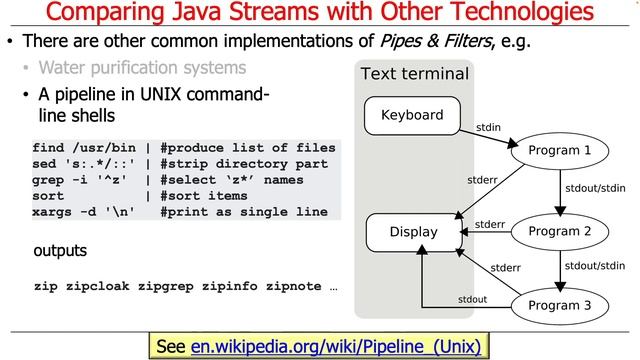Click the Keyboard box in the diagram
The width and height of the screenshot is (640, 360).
pos(412,115)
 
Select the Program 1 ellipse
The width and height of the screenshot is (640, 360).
pos(559,150)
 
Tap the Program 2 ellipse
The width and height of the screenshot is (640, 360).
pos(559,231)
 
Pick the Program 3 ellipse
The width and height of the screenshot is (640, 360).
pos(559,305)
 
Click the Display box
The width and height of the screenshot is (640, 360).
pos(413,232)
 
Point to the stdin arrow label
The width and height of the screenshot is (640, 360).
pos(489,127)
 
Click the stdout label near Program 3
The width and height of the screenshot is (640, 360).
pos(472,299)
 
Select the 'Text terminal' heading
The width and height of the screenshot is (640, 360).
pos(414,74)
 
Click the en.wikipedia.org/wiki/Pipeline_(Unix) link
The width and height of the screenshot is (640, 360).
pos(335,346)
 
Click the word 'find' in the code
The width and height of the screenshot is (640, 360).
pos(50,148)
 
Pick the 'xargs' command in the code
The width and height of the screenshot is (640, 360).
pos(54,212)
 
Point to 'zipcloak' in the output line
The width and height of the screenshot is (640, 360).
pos(98,286)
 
